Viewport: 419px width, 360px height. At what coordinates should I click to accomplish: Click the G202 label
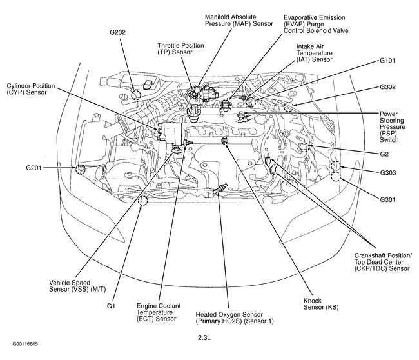(x=118, y=32)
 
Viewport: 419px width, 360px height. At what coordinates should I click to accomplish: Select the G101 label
(x=389, y=62)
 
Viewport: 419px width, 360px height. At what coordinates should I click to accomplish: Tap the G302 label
(x=389, y=86)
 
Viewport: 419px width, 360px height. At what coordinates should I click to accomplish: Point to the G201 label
(x=35, y=168)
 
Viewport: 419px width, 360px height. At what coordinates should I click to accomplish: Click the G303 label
(x=389, y=173)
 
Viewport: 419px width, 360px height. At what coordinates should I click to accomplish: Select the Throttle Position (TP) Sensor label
(x=181, y=50)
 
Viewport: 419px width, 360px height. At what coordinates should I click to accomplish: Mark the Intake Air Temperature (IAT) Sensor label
(x=315, y=53)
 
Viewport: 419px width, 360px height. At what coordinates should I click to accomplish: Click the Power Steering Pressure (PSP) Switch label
(x=396, y=126)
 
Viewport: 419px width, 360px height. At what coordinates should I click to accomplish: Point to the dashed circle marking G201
(x=81, y=169)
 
